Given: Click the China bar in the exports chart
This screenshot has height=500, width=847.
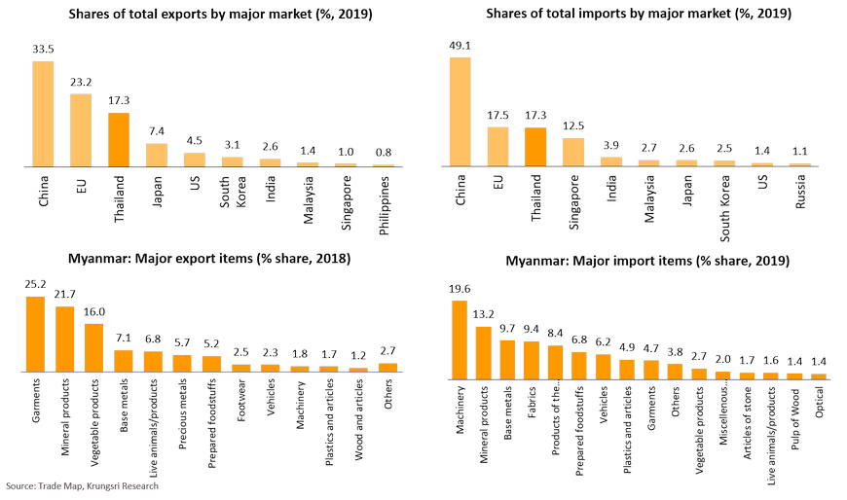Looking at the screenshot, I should (x=43, y=114).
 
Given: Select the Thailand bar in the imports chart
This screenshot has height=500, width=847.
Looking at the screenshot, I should (x=535, y=147).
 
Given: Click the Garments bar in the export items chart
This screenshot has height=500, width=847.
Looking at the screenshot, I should (x=35, y=334).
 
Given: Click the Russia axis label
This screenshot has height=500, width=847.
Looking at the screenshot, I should (x=800, y=191).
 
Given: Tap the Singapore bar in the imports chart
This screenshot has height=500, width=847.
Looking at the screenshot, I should (x=573, y=152).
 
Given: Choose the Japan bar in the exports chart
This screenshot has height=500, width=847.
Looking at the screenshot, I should (x=157, y=156).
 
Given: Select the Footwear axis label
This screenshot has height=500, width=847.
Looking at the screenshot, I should (x=240, y=405).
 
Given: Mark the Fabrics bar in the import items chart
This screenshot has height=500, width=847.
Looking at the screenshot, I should (x=532, y=360).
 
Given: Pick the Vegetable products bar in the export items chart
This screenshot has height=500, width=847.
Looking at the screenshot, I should (x=94, y=347).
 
